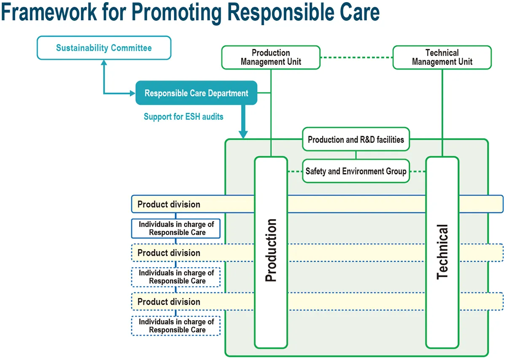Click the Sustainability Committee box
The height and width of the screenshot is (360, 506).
coord(104,48)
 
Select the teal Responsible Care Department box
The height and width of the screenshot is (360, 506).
coord(196,93)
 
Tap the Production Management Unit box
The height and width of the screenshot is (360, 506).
coord(271,57)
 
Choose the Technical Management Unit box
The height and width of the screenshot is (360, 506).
coord(442,57)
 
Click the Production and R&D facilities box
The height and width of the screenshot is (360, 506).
coord(356,140)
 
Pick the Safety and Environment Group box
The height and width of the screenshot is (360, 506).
coord(356,171)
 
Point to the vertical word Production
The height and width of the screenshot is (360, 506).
coord(271,250)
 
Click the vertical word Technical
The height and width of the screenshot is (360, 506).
coord(442,252)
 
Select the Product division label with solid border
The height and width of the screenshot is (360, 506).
coord(169,204)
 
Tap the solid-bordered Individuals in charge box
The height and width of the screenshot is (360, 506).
coord(176,228)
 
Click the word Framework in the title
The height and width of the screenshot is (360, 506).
coord(49,13)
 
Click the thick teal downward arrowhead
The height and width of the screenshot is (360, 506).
coord(243,134)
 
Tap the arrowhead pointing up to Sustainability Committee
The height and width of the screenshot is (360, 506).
coord(104,62)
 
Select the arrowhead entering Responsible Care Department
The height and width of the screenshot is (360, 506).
coord(132,93)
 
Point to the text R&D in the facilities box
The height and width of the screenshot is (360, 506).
coord(366,140)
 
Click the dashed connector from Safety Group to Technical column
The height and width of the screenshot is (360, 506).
coord(417,172)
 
